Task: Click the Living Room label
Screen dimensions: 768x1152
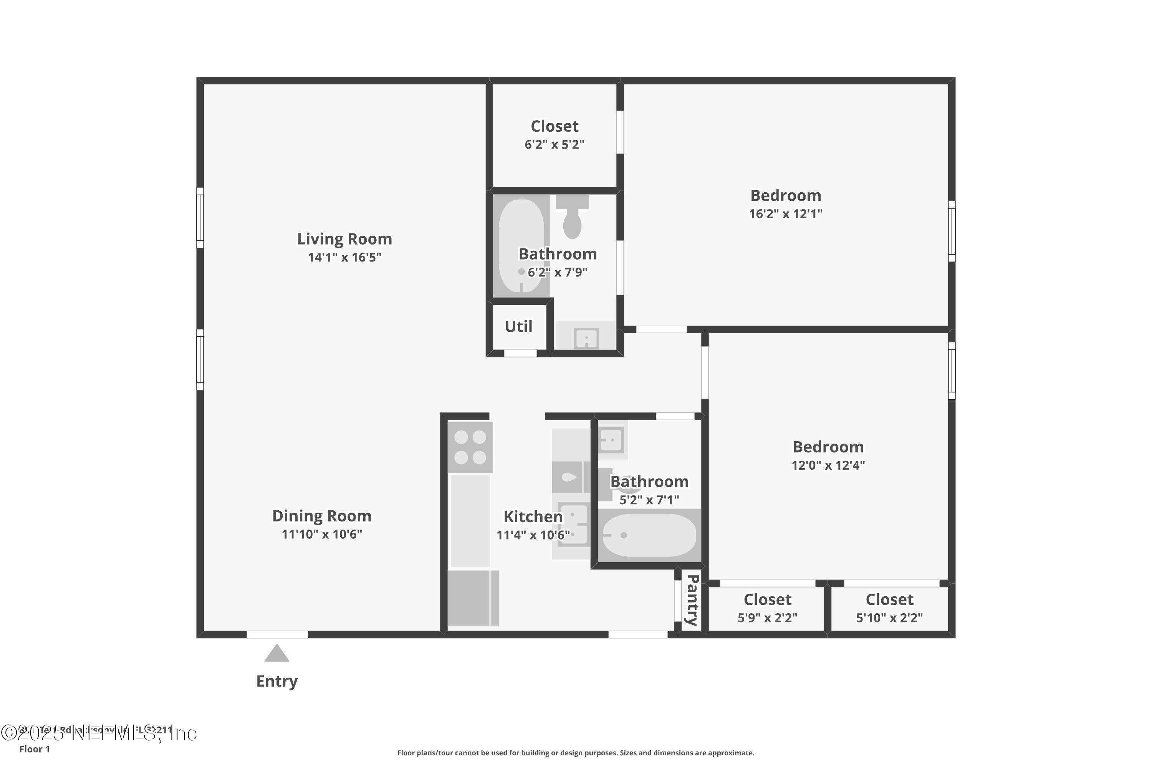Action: pos(344,239)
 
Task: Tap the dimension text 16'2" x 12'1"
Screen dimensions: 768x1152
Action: pos(786,214)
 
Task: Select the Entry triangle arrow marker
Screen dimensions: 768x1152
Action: pos(277,654)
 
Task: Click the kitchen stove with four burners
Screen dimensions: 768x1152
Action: pos(470,447)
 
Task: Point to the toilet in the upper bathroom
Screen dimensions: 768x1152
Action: pos(572,218)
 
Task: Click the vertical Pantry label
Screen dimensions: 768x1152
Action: pos(692,601)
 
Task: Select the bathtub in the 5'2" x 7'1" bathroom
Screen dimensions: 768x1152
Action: pos(649,535)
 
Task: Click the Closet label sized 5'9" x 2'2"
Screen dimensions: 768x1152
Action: pos(767,599)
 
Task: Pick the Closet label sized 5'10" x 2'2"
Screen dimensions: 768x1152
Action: pos(889,599)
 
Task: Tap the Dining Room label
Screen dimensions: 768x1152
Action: pos(321,516)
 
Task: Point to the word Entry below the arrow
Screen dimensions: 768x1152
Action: pos(277,681)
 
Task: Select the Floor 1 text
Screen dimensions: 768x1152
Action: pos(34,749)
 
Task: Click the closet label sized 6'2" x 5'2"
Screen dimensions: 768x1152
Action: pos(554,126)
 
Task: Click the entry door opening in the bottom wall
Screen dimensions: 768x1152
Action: pos(277,634)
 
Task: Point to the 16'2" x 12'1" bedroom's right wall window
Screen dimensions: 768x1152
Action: pos(951,231)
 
